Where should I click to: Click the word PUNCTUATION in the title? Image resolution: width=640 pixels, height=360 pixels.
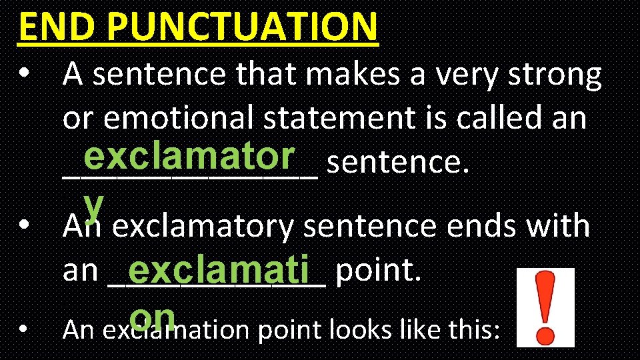tap(241, 27)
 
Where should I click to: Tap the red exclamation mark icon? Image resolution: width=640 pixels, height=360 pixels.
tap(545, 307)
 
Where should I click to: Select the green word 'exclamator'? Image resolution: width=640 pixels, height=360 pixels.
tap(189, 157)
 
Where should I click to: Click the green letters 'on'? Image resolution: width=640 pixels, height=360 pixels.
tap(153, 316)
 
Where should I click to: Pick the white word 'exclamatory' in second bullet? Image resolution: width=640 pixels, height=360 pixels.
tap(202, 227)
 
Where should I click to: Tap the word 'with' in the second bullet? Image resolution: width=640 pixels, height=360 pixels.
tap(557, 227)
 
